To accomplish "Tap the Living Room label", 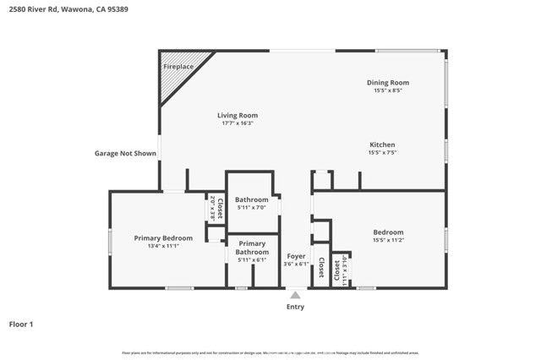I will click(238, 115).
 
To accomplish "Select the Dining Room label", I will click(388, 82).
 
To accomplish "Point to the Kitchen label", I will click(382, 145).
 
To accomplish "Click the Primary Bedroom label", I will click(163, 238).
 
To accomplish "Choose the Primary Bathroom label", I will click(251, 248).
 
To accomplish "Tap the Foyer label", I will click(296, 255).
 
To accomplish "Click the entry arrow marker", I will click(295, 295).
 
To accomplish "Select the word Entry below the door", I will click(295, 307).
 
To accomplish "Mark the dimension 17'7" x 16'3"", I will click(238, 123).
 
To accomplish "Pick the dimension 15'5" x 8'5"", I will click(388, 90).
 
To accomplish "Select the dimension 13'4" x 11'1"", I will click(163, 247).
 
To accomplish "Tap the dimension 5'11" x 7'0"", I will click(251, 208).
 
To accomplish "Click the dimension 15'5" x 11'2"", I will click(388, 240).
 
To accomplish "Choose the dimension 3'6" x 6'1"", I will click(296, 264).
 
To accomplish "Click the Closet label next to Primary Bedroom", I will click(219, 209).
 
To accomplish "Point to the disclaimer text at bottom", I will click(270, 352).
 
